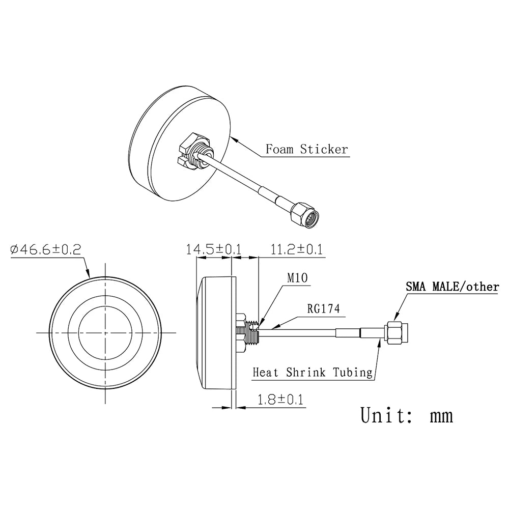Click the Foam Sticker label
[306, 149]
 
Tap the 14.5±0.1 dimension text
[214, 249]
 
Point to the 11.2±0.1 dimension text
[297, 249]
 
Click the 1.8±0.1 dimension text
[279, 400]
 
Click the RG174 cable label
[323, 308]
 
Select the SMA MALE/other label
[452, 287]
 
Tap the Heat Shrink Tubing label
[313, 373]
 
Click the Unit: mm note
[406, 415]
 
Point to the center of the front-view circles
[105, 333]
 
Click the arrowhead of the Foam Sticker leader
[232, 137]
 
